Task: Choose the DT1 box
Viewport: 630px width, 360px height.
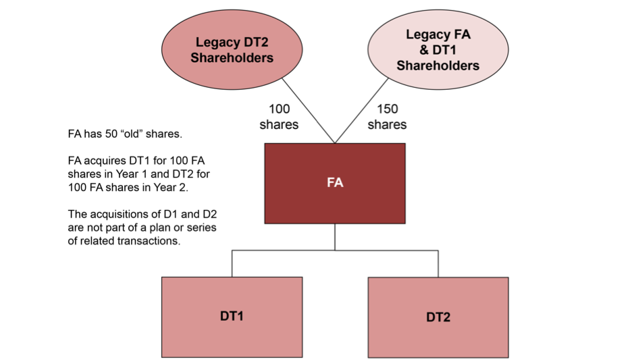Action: click(x=232, y=316)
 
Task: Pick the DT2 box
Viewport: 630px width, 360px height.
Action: click(x=438, y=317)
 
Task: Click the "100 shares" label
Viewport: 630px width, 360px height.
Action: click(x=279, y=116)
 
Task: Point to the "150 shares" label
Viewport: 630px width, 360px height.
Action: click(x=388, y=116)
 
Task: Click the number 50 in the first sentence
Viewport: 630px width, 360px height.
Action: click(x=119, y=134)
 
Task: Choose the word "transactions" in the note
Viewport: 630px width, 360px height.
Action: click(x=150, y=240)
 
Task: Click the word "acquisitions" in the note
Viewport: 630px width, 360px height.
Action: click(x=117, y=214)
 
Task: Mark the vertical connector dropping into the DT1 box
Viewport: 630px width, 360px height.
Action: click(x=232, y=263)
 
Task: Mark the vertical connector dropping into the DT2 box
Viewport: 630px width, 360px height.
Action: click(x=438, y=263)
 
